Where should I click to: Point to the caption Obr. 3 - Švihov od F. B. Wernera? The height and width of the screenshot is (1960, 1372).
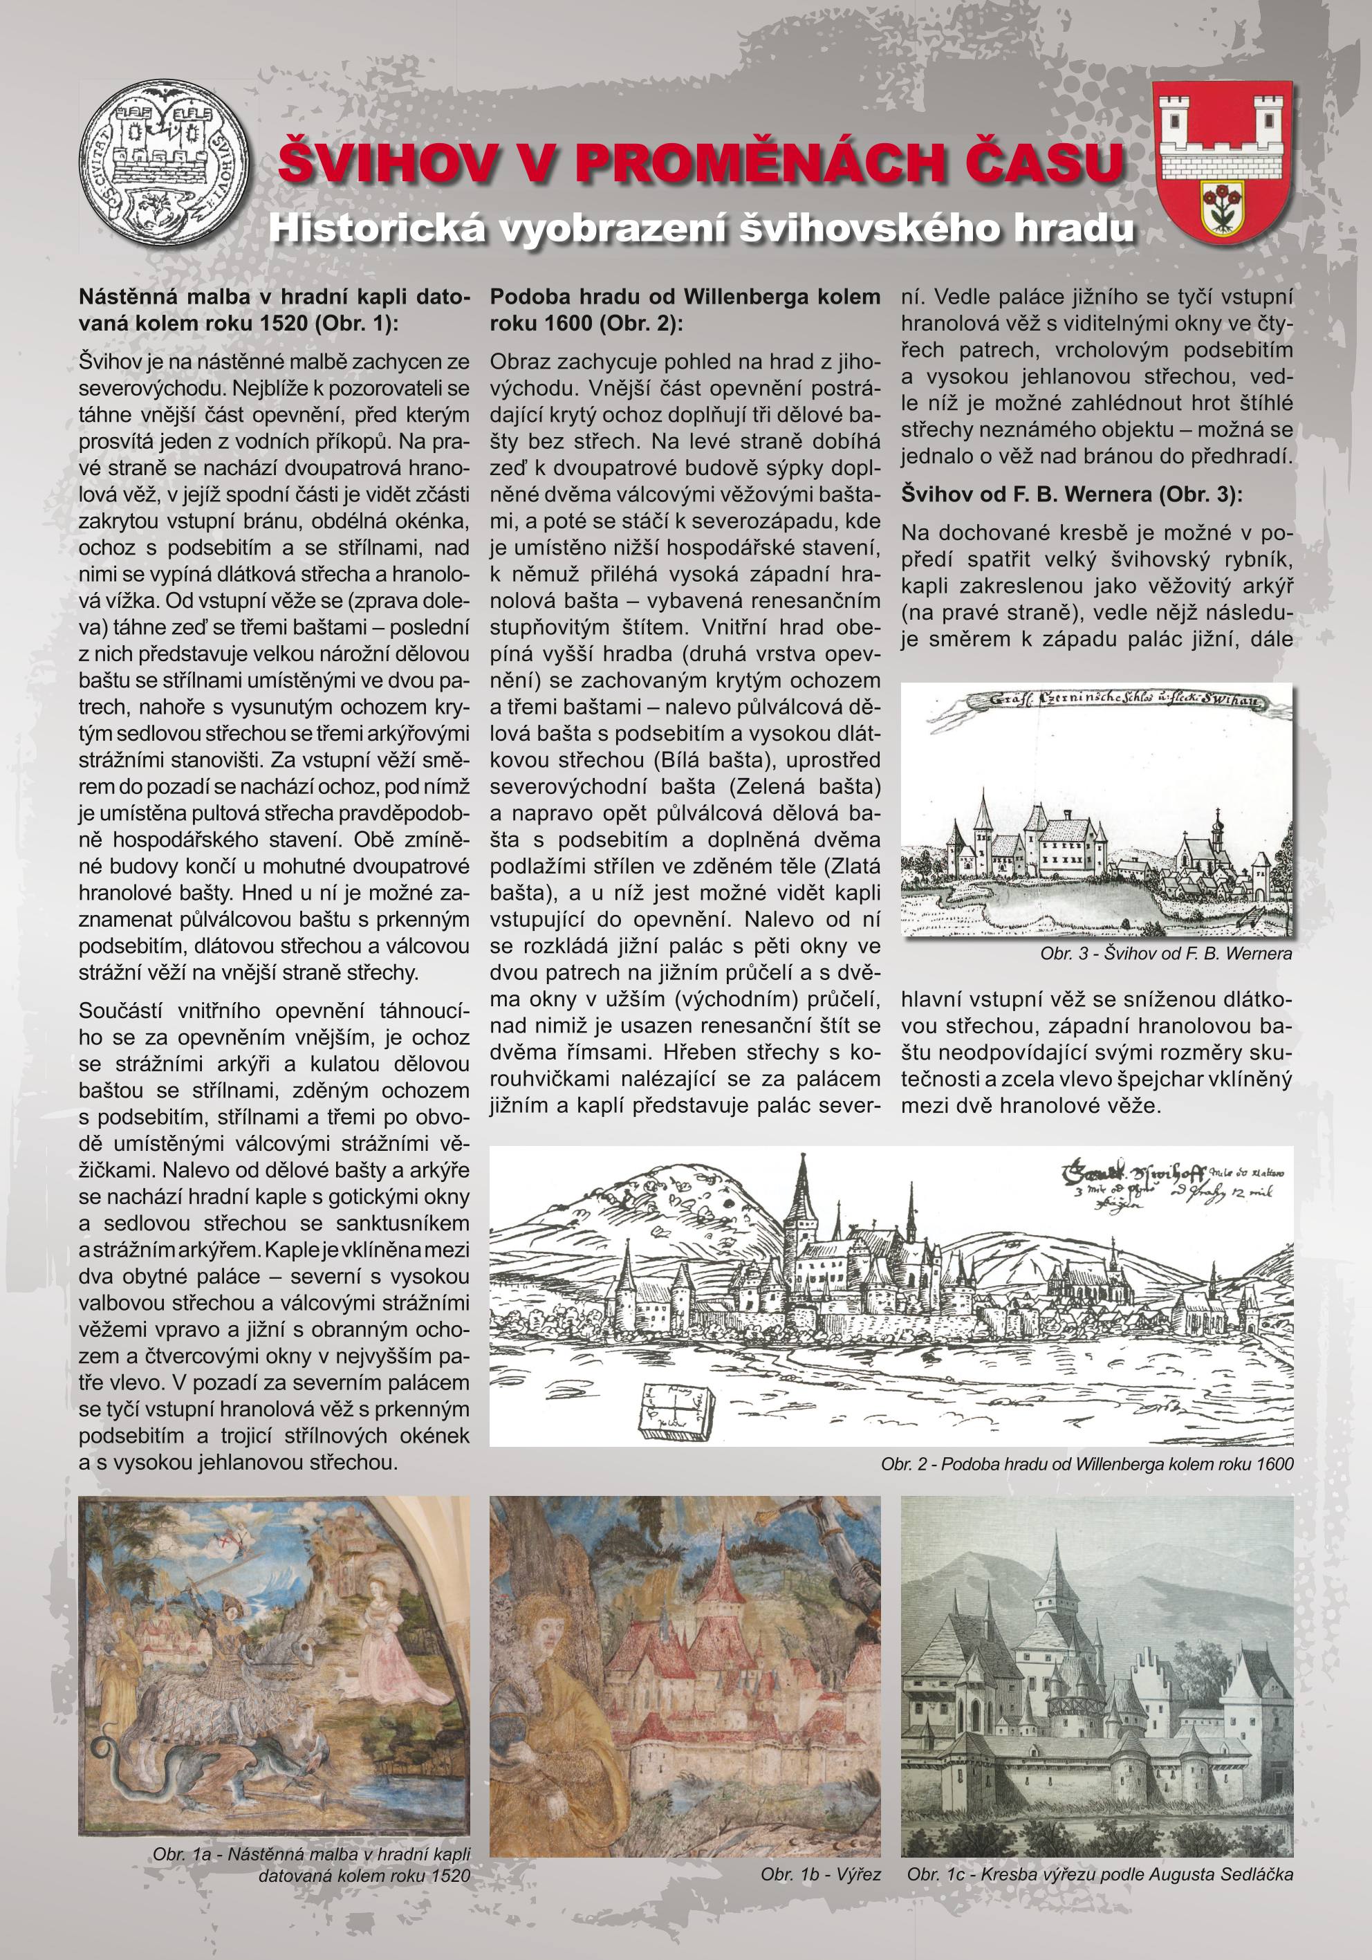(x=1165, y=954)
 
